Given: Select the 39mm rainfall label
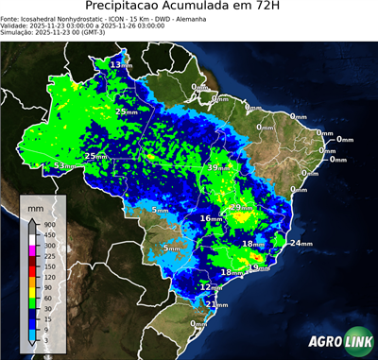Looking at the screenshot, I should [217, 167].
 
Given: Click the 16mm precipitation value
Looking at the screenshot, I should [210, 218].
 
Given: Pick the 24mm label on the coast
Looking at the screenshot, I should [301, 244].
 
